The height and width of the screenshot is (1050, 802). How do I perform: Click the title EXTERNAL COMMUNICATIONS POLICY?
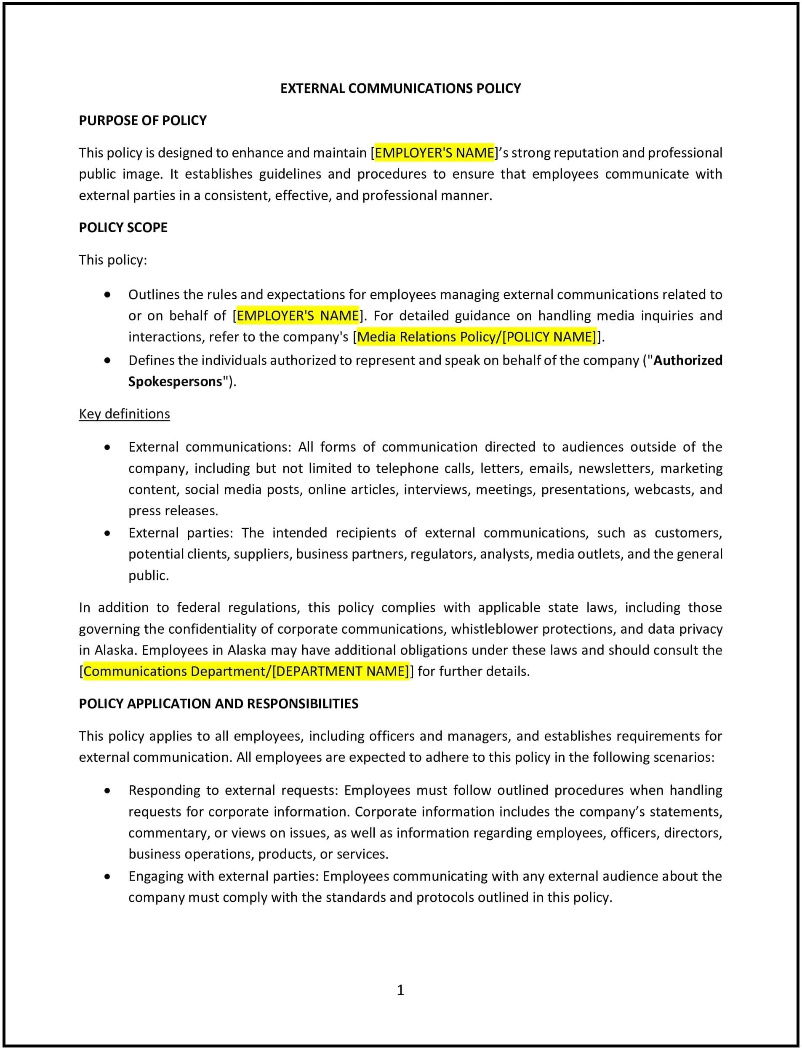click(400, 88)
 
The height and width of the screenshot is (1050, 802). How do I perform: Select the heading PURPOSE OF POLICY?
click(142, 121)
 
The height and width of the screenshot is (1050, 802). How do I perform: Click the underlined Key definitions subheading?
click(124, 414)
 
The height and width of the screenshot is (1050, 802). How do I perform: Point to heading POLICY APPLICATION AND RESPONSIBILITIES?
click(218, 704)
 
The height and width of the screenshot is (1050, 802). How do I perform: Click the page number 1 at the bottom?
click(400, 990)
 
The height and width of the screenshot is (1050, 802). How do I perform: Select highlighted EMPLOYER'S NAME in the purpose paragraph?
click(434, 153)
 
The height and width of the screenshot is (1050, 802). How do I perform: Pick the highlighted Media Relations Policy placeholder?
click(477, 337)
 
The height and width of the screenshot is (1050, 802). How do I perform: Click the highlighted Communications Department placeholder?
click(246, 672)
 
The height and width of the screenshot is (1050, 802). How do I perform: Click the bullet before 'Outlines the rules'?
click(107, 295)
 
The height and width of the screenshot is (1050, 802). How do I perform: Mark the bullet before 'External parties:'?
click(107, 533)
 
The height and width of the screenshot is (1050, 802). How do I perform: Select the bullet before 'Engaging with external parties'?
click(107, 876)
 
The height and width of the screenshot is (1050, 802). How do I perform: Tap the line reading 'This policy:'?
click(113, 260)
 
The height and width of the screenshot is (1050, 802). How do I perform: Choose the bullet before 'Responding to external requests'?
click(107, 790)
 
